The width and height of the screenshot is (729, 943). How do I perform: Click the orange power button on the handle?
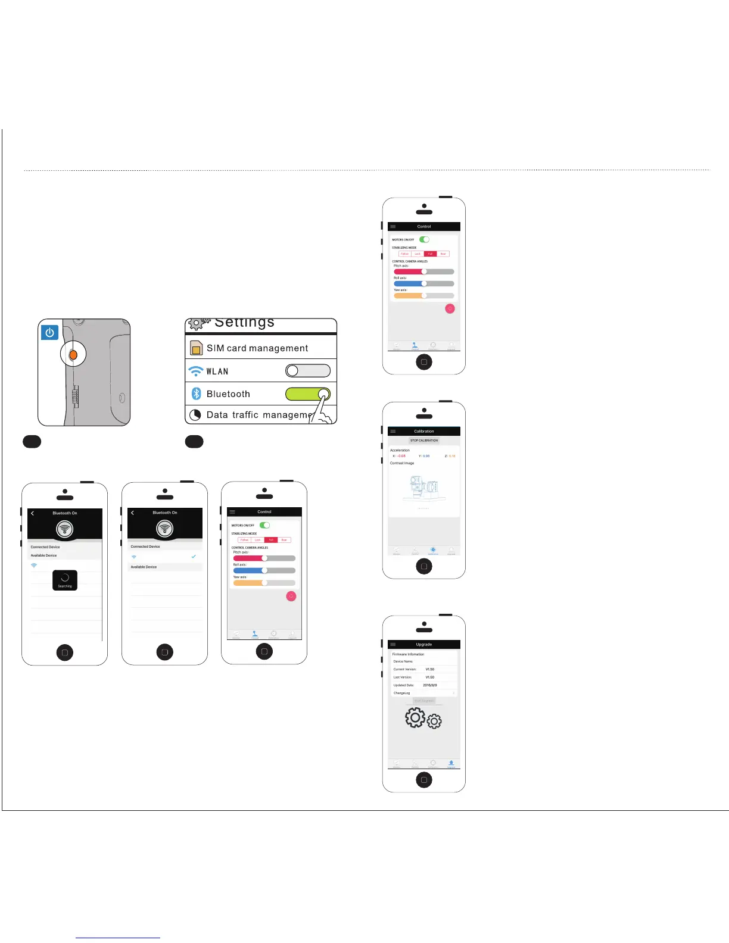(73, 355)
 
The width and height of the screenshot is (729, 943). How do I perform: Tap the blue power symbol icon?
(50, 333)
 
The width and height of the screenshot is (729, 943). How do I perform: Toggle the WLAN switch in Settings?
(308, 371)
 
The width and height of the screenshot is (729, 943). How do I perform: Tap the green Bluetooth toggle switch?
(308, 394)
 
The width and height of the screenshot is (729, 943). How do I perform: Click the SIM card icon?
(196, 348)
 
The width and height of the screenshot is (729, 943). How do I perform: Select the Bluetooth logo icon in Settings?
(196, 394)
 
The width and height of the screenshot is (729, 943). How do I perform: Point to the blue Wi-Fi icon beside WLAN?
(195, 371)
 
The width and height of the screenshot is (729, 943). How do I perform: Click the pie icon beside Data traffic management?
(195, 415)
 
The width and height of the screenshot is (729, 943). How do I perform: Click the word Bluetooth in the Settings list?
(228, 394)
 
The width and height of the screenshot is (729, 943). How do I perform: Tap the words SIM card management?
(257, 348)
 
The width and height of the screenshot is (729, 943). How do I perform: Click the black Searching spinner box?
(65, 580)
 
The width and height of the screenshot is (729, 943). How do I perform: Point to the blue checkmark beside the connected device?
(194, 556)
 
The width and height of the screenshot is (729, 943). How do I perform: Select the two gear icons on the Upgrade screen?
(423, 719)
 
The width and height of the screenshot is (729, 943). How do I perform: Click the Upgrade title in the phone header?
(424, 644)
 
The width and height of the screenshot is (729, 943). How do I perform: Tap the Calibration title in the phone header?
(424, 431)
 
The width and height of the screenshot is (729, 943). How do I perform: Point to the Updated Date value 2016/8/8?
(430, 685)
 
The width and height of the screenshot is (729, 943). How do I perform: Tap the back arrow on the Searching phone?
(33, 513)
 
